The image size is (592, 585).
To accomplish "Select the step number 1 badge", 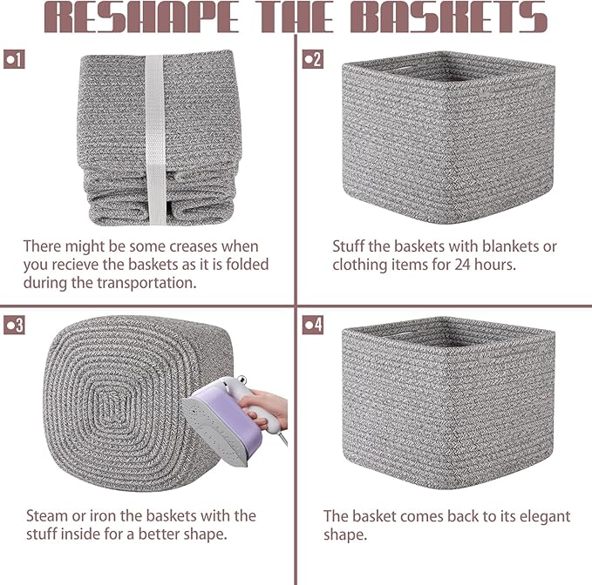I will [x=14, y=59].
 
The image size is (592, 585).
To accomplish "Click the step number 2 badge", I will [x=312, y=59].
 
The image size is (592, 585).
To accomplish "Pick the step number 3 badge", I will [x=14, y=325].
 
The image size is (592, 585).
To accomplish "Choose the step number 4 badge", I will [x=312, y=325].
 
